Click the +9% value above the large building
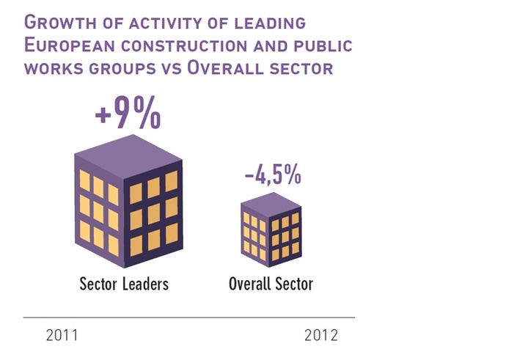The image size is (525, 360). [128, 115]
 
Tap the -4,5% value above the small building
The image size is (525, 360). [272, 176]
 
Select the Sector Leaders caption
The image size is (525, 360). [123, 284]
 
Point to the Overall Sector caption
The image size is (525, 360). [271, 284]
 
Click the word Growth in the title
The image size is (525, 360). [53, 23]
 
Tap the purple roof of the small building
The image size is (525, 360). [272, 204]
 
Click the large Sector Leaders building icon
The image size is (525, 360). [128, 205]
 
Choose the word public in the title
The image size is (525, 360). [326, 45]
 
